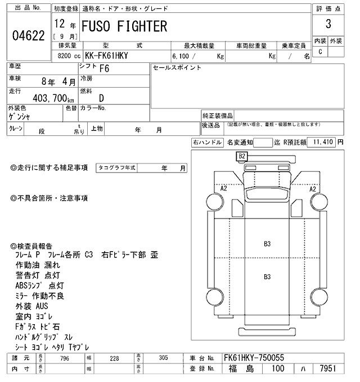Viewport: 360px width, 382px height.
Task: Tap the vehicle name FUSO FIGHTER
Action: pos(125,26)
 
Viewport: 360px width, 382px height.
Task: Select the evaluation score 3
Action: pos(327,25)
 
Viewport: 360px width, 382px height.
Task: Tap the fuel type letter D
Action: pos(101,98)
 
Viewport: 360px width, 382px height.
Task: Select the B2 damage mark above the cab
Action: pos(242,156)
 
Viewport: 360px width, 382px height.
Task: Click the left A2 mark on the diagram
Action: pos(223,189)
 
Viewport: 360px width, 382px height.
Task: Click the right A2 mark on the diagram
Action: pos(313,189)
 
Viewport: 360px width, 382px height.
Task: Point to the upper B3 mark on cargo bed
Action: pos(268,244)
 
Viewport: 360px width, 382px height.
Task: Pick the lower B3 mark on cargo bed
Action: pos(268,276)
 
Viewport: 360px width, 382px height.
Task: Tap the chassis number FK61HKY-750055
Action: pos(254,357)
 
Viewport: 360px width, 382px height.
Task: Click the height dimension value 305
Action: pos(163,357)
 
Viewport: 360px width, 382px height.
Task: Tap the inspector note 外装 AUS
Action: pos(33,306)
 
